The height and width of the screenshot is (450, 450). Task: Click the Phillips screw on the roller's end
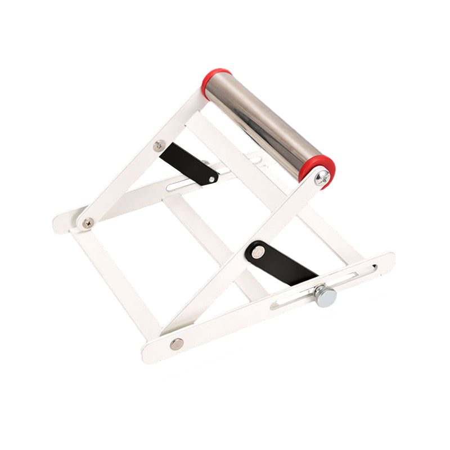pos(322,178)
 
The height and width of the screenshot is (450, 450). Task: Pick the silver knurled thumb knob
pos(325,295)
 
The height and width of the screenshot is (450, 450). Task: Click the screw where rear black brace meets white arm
pos(159,146)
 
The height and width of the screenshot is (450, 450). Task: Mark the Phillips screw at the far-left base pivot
pos(87,223)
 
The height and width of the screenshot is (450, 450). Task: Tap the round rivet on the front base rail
pos(177,344)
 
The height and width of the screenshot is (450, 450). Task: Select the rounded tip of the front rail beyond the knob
pos(386,262)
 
